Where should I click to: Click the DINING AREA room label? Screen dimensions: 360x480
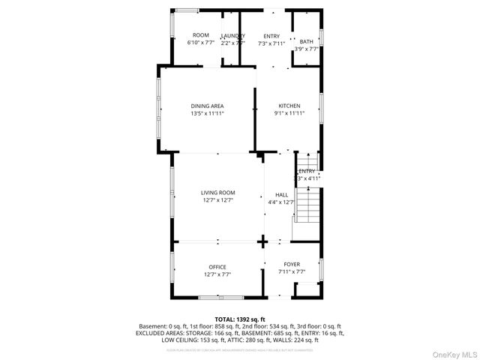tap(207, 106)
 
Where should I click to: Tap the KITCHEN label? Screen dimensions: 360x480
tap(289, 106)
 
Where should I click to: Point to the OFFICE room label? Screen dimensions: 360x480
tap(217, 267)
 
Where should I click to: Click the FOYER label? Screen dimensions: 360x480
tap(292, 265)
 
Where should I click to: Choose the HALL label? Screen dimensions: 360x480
tap(281, 194)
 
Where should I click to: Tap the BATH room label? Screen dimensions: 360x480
tap(307, 42)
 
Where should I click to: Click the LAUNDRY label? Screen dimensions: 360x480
tap(233, 36)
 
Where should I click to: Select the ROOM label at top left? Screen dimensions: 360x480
tap(201, 36)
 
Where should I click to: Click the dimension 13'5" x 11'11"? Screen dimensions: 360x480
tap(207, 113)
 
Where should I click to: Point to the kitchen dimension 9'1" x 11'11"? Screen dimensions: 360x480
tap(289, 113)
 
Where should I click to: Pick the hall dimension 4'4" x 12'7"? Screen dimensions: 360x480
tap(281, 201)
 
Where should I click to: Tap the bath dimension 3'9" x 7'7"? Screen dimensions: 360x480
tap(307, 49)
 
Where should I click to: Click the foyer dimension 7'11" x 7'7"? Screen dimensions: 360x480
tap(292, 271)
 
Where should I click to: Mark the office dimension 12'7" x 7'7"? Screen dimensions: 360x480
tap(217, 274)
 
